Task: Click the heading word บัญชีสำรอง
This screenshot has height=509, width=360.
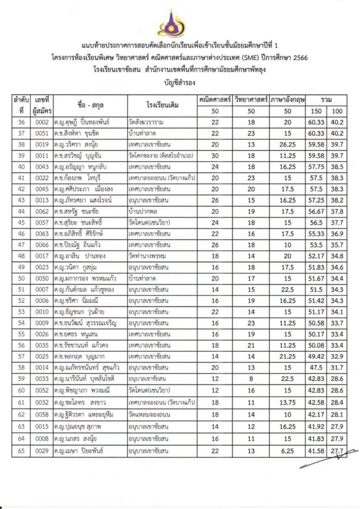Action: (180, 83)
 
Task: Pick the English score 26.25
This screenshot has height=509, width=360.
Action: (288, 144)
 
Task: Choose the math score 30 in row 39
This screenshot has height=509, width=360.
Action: (215, 155)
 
